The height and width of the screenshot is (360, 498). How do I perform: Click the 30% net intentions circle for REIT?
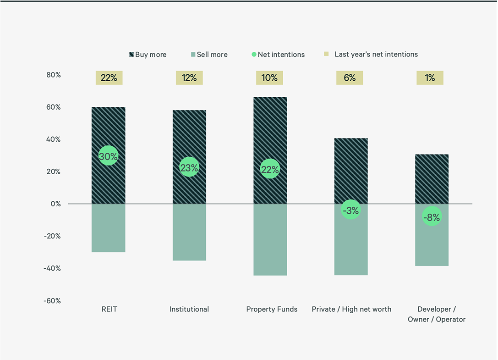coord(109,156)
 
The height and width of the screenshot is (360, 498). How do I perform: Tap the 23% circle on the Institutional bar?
coord(189,168)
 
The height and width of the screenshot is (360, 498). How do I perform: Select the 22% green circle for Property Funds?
coord(270,169)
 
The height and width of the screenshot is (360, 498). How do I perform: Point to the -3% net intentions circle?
coord(350,210)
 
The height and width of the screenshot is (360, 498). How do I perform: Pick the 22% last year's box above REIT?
coord(109,78)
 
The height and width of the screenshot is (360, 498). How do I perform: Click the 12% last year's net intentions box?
coord(189,78)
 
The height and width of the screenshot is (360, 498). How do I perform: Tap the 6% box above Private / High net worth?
coord(350,78)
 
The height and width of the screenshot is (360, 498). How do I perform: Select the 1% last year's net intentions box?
coord(430,78)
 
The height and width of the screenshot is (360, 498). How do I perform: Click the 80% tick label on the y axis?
coord(54,75)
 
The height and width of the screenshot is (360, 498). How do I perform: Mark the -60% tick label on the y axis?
coord(52,301)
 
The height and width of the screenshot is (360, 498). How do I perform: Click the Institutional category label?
coord(189,309)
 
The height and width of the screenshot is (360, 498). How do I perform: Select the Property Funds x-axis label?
coord(272,309)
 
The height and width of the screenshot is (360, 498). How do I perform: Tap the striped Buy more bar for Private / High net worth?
coord(350,165)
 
